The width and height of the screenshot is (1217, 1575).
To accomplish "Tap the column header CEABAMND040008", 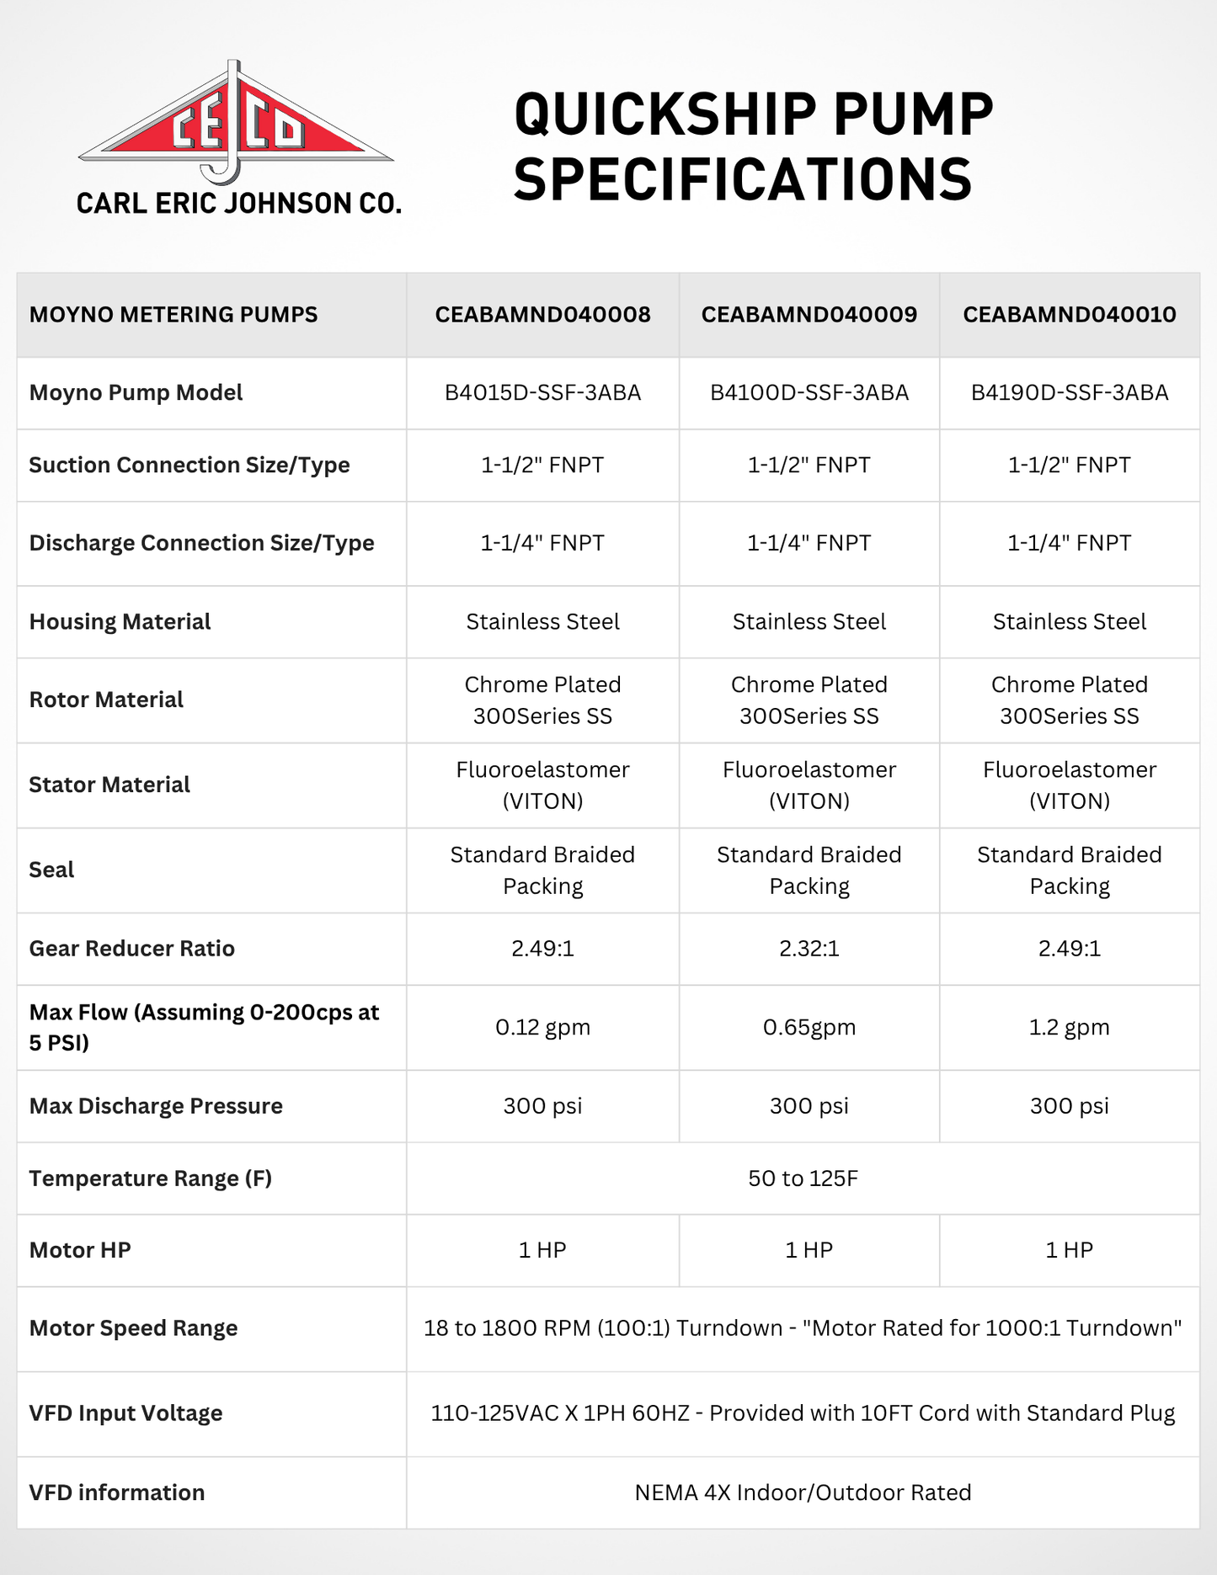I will pos(542,315).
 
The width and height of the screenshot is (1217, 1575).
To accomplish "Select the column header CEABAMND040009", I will pos(809,315).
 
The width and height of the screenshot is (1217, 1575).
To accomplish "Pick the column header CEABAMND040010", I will pos(1069,315).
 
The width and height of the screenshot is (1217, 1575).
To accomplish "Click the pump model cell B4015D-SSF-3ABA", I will pos(542,393).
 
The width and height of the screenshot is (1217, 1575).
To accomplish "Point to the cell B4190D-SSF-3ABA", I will pos(1069,393).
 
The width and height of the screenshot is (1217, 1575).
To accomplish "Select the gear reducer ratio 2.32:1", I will pos(809,949).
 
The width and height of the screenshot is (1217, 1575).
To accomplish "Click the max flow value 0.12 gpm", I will pos(542,1027).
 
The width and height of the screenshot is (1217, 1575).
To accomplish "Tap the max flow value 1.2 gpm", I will pos(1069,1027).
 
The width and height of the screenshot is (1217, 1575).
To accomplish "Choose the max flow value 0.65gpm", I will pos(809,1027).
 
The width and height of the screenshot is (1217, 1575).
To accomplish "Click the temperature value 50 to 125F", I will pos(803,1179).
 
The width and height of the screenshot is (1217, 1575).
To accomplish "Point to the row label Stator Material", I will pos(109,785).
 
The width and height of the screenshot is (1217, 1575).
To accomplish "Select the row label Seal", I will pos(51,870).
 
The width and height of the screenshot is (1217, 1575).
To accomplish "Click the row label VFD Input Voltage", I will pos(125,1413).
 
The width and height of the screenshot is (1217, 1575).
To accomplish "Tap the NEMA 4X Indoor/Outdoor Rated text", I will pos(803,1493).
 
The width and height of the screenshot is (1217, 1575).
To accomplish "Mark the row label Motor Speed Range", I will pos(133,1328).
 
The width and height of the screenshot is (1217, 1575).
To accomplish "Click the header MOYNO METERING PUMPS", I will pos(173,315).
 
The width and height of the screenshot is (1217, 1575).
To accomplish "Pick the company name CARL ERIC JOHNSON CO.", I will pos(238,204).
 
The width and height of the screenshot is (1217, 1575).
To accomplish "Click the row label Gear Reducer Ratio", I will pos(132,949).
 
